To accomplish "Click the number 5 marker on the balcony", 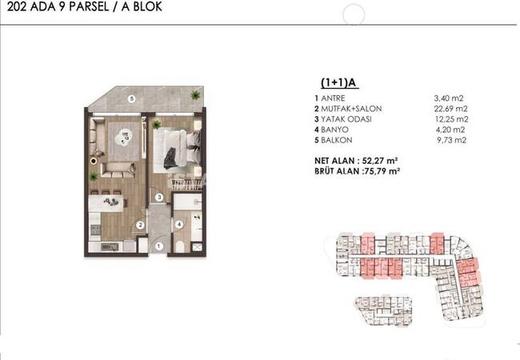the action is pyautogui.click(x=132, y=98).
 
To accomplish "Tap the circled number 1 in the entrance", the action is pyautogui.click(x=159, y=246).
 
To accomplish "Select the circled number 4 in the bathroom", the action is pyautogui.click(x=179, y=225).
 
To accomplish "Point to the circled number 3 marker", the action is pyautogui.click(x=159, y=198).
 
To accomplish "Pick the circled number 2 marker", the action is pyautogui.click(x=140, y=225).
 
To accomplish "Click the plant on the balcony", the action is pyautogui.click(x=195, y=95).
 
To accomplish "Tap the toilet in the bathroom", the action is pyautogui.click(x=180, y=246).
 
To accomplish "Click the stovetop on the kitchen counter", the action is pyautogui.click(x=95, y=230).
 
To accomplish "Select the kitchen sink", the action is pyautogui.click(x=110, y=246).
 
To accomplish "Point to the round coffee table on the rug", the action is pyautogui.click(x=124, y=137).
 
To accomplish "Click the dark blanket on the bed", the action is pyautogui.click(x=170, y=158).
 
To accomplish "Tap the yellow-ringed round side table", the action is pyautogui.click(x=94, y=161).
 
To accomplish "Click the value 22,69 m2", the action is pyautogui.click(x=451, y=109).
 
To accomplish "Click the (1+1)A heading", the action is pyautogui.click(x=338, y=82).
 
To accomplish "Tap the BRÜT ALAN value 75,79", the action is pyautogui.click(x=377, y=171).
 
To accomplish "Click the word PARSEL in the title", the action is pyautogui.click(x=89, y=6).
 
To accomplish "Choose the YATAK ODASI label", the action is pyautogui.click(x=346, y=119).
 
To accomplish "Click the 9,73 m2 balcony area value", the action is pyautogui.click(x=452, y=140).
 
